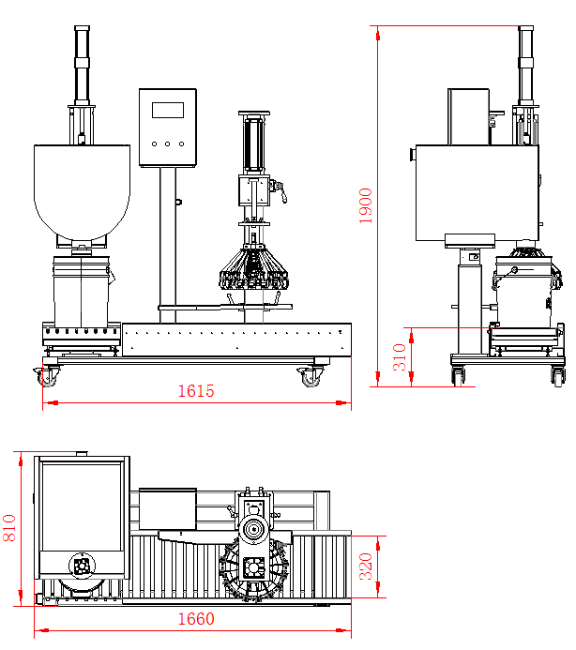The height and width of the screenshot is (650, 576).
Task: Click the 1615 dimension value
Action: (196, 391)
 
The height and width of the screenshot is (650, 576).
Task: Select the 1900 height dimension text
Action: (366, 205)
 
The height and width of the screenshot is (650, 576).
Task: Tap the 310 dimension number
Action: (400, 357)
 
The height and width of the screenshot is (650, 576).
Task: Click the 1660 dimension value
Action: (194, 619)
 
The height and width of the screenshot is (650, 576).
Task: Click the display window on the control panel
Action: (168, 109)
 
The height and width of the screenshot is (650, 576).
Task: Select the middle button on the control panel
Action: (168, 144)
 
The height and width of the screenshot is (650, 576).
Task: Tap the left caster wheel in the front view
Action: (46, 377)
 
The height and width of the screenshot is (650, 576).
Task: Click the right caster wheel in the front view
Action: (309, 377)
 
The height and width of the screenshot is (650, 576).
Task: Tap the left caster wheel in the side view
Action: (459, 375)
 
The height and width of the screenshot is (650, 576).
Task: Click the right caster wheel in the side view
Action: (557, 375)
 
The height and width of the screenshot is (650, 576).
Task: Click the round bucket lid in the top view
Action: (82, 567)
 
